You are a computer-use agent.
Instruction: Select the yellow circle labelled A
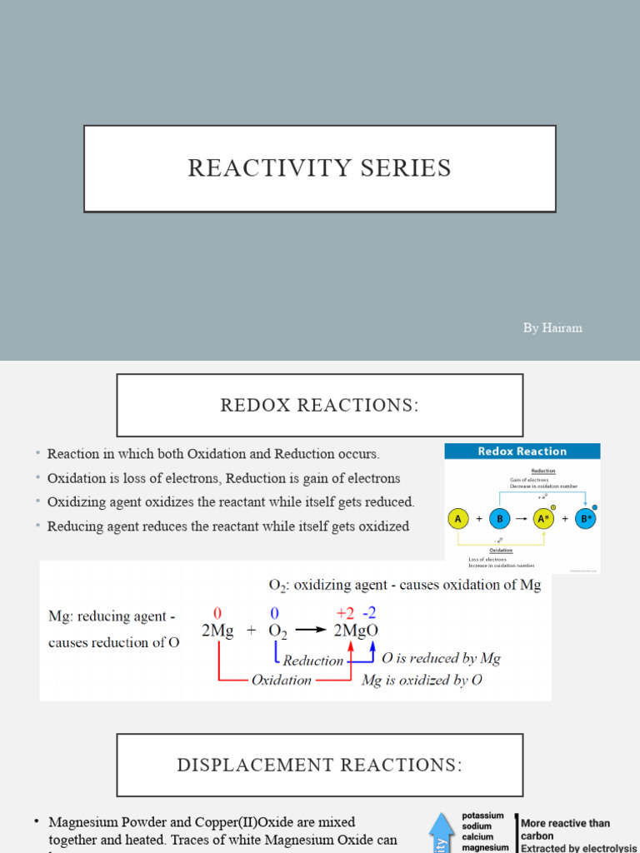tap(456, 519)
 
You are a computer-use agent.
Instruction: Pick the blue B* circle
tap(587, 519)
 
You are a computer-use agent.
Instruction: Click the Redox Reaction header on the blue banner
tap(522, 451)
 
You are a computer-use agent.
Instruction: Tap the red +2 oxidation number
tap(345, 613)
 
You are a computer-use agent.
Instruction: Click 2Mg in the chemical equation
tap(217, 631)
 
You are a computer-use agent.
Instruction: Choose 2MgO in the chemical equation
tap(356, 631)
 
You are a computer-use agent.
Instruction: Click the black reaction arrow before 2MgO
tap(309, 631)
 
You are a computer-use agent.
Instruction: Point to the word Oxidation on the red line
tap(281, 681)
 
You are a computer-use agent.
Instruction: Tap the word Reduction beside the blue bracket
tap(313, 661)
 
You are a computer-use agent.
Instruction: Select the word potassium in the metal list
tap(483, 816)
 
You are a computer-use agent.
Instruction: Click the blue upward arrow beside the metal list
tap(440, 832)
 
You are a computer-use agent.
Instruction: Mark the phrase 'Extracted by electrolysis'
tap(577, 848)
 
